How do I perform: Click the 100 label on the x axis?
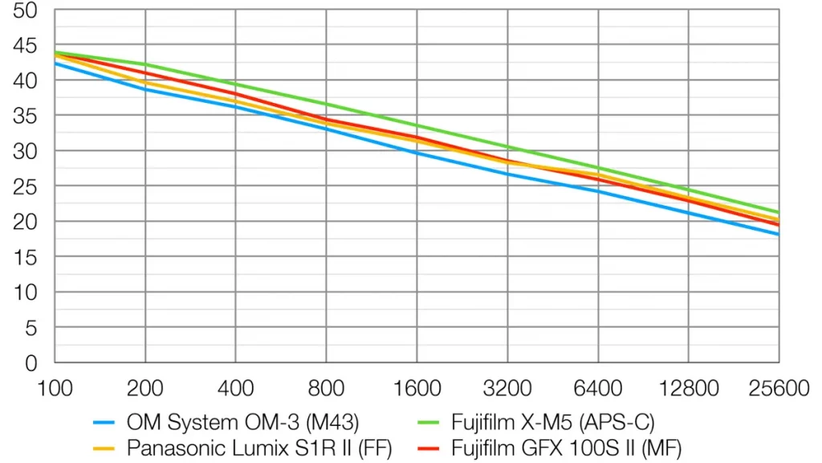click(55, 389)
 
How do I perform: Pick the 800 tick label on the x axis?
click(326, 389)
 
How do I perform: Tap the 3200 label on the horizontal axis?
click(507, 389)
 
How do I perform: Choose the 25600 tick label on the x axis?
click(778, 389)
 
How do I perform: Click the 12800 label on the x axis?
click(688, 389)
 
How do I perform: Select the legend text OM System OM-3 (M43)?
click(242, 421)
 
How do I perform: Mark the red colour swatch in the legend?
click(430, 447)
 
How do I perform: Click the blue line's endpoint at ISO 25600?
click(779, 235)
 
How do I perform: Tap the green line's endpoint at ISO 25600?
click(779, 212)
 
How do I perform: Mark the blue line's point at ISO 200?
click(145, 89)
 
